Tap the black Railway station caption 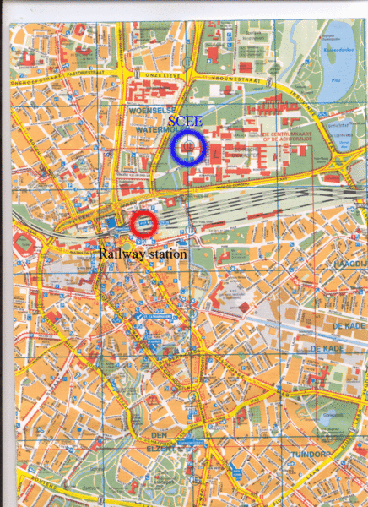143,253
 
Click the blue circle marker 187,148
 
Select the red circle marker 143,224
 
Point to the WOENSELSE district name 148,111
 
